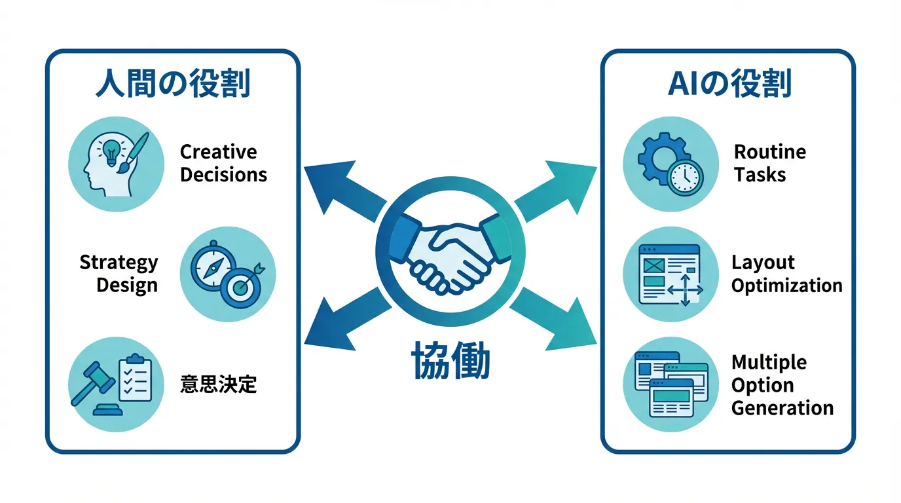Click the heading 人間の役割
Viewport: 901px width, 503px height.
pyautogui.click(x=172, y=84)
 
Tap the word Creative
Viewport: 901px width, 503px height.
pyautogui.click(x=218, y=152)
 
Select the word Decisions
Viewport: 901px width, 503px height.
pyautogui.click(x=223, y=175)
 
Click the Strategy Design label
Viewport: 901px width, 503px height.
pyautogui.click(x=119, y=274)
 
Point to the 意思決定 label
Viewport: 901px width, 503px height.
pyautogui.click(x=218, y=384)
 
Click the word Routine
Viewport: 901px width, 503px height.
pyautogui.click(x=769, y=152)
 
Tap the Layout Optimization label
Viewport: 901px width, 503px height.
pyautogui.click(x=786, y=274)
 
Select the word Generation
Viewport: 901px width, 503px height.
pyautogui.click(x=782, y=408)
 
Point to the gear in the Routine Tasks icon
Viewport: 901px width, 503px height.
pyautogui.click(x=657, y=158)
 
